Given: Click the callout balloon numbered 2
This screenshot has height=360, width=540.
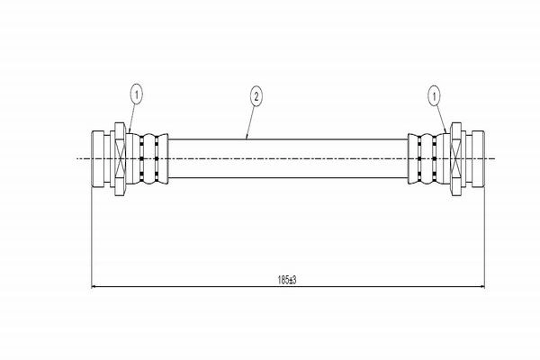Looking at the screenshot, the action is [x=256, y=97].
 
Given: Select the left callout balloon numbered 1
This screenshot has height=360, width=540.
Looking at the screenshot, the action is [x=137, y=94].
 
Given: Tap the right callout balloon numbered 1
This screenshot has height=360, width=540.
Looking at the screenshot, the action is [x=435, y=96].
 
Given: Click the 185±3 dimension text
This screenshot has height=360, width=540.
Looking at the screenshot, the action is [x=287, y=280].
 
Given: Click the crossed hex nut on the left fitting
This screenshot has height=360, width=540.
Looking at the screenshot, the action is [x=120, y=158].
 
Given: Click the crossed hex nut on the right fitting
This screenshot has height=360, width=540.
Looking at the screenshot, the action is [x=456, y=158].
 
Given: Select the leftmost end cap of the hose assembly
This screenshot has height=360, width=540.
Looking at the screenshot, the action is [x=98, y=158].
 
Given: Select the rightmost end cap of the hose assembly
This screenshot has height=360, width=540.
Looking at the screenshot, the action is [x=479, y=158].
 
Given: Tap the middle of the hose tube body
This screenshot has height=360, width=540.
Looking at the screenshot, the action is [x=288, y=158].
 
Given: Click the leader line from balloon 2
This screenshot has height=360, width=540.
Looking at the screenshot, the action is [x=250, y=122].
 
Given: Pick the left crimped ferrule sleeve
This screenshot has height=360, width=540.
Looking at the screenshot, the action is [x=148, y=158].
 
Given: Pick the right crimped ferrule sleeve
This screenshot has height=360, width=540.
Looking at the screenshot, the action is [x=428, y=158].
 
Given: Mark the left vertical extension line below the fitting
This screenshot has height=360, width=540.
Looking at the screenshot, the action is [x=92, y=238].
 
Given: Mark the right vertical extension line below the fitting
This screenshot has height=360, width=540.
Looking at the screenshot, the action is [x=485, y=238].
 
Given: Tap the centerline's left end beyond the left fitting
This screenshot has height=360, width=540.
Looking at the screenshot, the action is [x=76, y=158].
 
